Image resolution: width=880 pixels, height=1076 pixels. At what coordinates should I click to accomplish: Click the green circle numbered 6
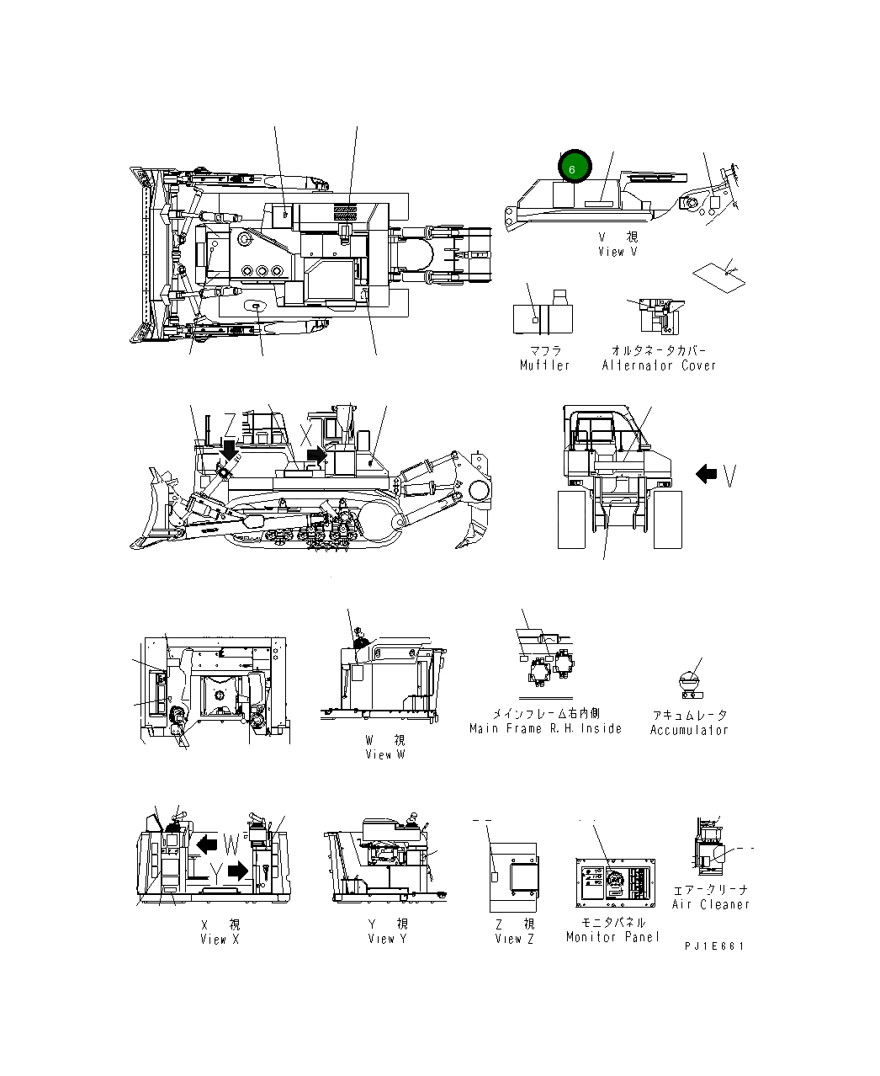click(x=574, y=168)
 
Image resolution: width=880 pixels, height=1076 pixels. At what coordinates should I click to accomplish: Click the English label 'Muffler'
click(x=544, y=365)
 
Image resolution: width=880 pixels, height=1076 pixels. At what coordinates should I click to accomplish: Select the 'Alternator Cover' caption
click(x=659, y=365)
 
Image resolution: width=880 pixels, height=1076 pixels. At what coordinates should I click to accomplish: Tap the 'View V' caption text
click(x=618, y=252)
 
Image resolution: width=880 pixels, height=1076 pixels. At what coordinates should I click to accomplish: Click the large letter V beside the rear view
click(x=729, y=476)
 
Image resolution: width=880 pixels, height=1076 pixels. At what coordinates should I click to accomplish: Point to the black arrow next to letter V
click(x=706, y=474)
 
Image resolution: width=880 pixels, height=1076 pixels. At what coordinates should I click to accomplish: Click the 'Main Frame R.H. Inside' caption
click(x=545, y=729)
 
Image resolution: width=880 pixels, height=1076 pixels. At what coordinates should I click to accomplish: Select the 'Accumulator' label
click(x=689, y=731)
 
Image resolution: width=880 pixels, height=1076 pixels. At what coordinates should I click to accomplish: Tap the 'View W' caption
click(x=384, y=755)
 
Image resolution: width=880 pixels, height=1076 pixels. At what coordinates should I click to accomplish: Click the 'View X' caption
click(x=220, y=940)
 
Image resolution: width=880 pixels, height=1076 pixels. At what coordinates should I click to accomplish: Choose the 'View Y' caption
click(x=387, y=939)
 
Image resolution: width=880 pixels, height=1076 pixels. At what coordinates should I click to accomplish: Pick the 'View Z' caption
click(x=514, y=939)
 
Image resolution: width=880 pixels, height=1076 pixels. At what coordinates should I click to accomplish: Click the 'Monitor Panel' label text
click(x=612, y=937)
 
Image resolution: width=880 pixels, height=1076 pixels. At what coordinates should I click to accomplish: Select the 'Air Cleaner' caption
click(x=710, y=905)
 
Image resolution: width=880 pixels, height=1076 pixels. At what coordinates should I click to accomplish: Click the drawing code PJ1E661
click(x=714, y=946)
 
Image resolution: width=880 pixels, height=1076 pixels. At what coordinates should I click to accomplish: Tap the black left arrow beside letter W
click(x=206, y=844)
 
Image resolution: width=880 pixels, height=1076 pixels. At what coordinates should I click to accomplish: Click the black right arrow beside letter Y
click(x=238, y=871)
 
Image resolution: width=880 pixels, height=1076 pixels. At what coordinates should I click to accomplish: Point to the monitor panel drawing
click(x=615, y=883)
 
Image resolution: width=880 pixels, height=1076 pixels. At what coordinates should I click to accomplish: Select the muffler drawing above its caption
click(x=543, y=317)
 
